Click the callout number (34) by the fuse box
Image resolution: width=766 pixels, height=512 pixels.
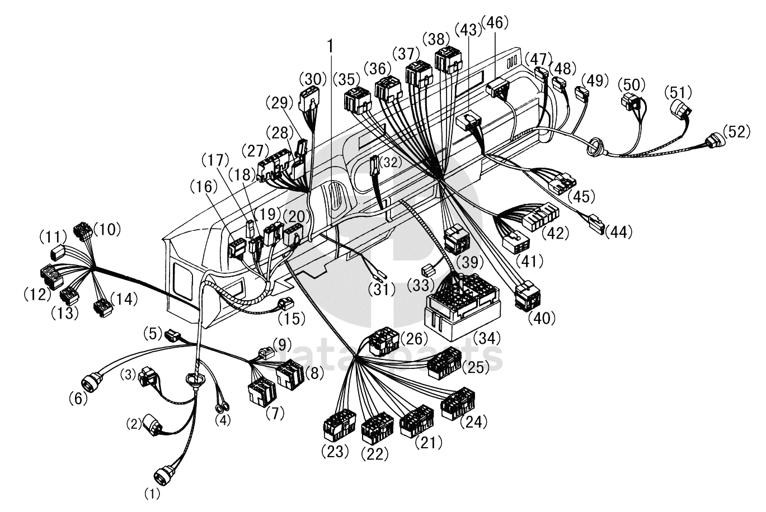(x=485, y=338)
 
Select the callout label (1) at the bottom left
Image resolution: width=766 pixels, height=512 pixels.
(x=152, y=494)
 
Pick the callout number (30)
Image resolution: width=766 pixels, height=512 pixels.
(x=312, y=79)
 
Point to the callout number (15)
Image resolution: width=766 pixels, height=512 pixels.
(x=292, y=319)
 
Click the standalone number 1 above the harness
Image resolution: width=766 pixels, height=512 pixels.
(x=331, y=46)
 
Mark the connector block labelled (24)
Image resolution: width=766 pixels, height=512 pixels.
(x=458, y=403)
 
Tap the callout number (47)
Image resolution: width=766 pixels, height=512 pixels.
(x=538, y=59)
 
